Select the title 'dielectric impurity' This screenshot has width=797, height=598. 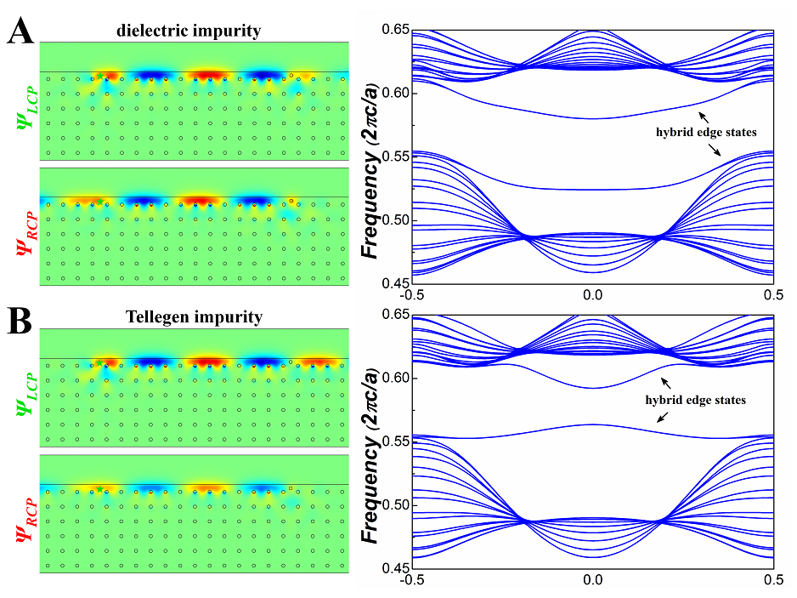point(190,31)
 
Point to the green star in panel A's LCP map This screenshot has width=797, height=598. point(100,77)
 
